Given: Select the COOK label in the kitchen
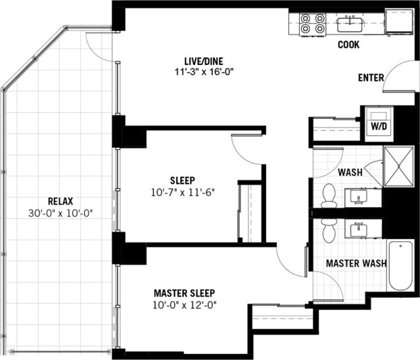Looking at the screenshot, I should click(348, 45).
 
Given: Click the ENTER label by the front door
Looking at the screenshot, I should click(371, 78).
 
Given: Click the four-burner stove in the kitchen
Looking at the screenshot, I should click(313, 24).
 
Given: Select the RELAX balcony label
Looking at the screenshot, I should click(60, 201).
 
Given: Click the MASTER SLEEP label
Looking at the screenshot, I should click(185, 293).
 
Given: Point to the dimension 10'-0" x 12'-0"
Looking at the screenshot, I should click(185, 304).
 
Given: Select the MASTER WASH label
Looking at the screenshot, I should click(356, 263).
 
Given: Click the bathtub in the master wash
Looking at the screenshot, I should click(400, 266).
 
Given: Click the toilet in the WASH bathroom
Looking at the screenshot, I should click(328, 194).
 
